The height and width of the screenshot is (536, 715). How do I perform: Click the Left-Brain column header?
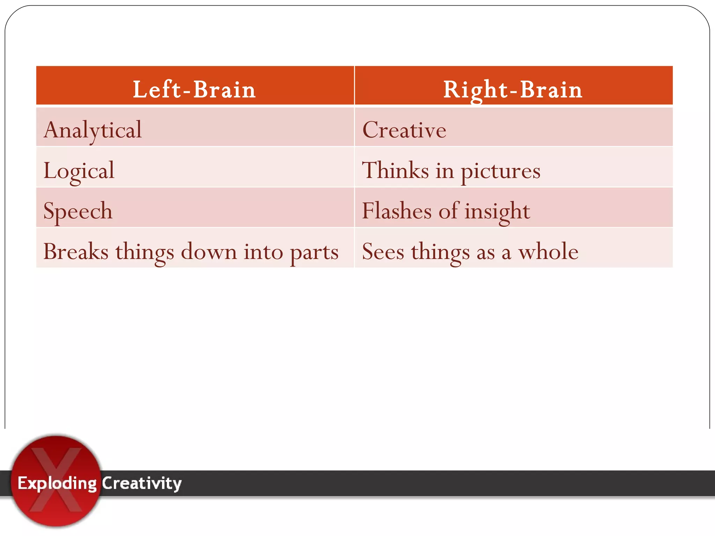tap(194, 89)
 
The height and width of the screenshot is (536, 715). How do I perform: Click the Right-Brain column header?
tap(513, 89)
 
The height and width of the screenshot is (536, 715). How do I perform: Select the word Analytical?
tap(93, 130)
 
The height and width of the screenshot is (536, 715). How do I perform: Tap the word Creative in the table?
tap(404, 130)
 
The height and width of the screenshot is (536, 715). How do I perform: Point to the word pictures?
tap(500, 171)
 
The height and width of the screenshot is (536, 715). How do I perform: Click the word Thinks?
tap(395, 170)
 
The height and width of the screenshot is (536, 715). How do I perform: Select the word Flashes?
tap(397, 211)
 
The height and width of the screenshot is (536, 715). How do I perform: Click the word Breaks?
tap(76, 251)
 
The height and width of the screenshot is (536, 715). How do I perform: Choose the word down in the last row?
tap(209, 251)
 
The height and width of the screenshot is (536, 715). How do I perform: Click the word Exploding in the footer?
tap(57, 484)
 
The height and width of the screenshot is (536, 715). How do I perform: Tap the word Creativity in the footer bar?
tap(142, 484)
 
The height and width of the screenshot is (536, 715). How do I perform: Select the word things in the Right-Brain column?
tap(440, 252)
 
